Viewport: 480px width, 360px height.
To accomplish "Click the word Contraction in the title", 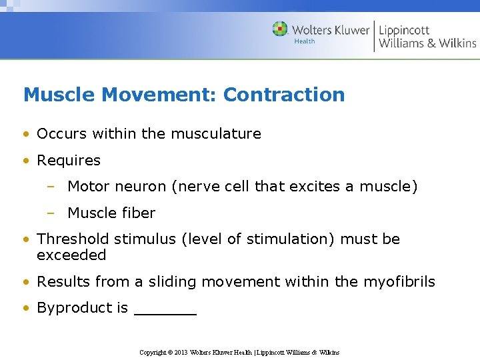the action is tap(284, 95).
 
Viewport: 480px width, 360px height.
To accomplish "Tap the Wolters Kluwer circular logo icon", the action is tap(279, 29).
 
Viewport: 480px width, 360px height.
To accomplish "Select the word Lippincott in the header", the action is tap(404, 30).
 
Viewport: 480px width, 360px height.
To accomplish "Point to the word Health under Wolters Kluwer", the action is tap(305, 41).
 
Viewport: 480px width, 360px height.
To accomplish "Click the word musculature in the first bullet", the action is tap(216, 133).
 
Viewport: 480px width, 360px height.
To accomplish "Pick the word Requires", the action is tap(69, 161).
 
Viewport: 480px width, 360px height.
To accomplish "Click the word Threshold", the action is tap(73, 239).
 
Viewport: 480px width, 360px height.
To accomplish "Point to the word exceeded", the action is tap(71, 255).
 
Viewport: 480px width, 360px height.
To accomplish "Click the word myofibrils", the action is tap(399, 282).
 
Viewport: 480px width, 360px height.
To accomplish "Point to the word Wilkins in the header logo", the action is tap(457, 43).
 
